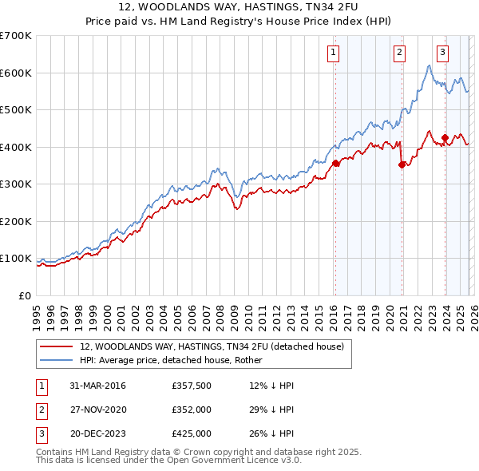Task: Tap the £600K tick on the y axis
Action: (16, 73)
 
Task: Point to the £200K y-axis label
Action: (16, 221)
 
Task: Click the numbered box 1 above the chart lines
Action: (332, 53)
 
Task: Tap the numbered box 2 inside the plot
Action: (398, 53)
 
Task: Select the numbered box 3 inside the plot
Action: (441, 53)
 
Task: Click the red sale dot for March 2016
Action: (335, 163)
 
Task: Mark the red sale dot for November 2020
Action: (402, 165)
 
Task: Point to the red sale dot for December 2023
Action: (445, 138)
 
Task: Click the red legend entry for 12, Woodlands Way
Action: (212, 346)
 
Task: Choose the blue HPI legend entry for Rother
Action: (176, 360)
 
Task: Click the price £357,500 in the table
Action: (191, 386)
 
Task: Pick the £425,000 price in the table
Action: (191, 433)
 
